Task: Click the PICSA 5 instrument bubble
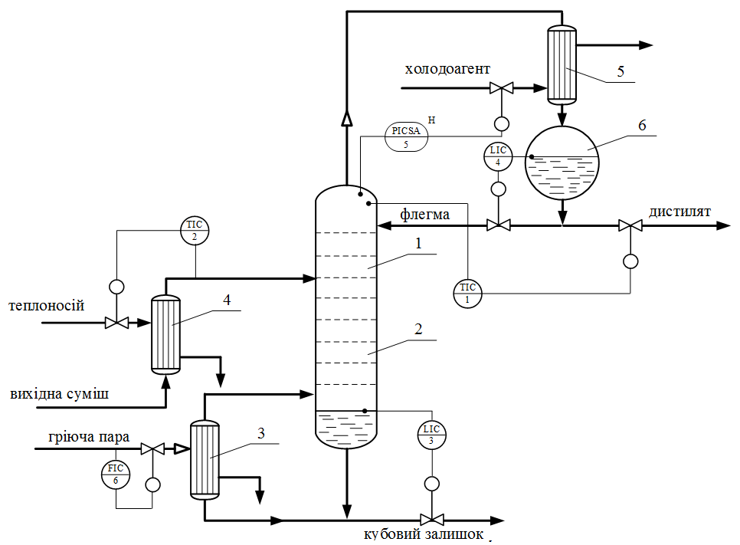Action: pyautogui.click(x=406, y=136)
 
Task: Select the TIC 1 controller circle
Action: pyautogui.click(x=467, y=292)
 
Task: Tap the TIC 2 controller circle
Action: pyautogui.click(x=195, y=231)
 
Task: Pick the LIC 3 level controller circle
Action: pyautogui.click(x=431, y=435)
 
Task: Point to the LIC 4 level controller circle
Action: pyautogui.click(x=498, y=156)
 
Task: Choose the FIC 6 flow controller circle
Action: pyautogui.click(x=116, y=474)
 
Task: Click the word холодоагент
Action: pyautogui.click(x=447, y=70)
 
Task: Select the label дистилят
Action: pyautogui.click(x=680, y=212)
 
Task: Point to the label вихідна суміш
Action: pyautogui.click(x=60, y=395)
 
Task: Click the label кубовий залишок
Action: pyautogui.click(x=424, y=534)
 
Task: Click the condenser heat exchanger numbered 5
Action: pyautogui.click(x=562, y=65)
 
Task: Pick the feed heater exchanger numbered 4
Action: pyautogui.click(x=165, y=334)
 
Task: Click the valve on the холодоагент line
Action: pyautogui.click(x=502, y=88)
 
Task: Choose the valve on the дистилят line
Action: pyautogui.click(x=630, y=226)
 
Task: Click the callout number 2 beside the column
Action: pyautogui.click(x=419, y=330)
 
